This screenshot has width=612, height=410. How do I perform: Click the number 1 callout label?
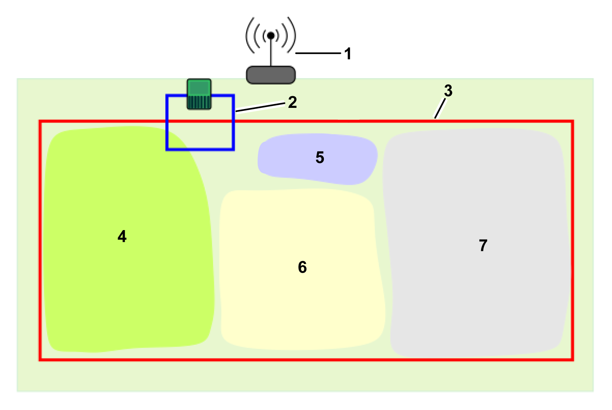[348, 54]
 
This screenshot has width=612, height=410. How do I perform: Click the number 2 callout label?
[293, 102]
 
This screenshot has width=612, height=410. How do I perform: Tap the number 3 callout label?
[448, 91]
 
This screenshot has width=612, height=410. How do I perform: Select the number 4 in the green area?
[122, 236]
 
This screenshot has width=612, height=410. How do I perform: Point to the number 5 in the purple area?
[320, 158]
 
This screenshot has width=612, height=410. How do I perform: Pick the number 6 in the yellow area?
[302, 267]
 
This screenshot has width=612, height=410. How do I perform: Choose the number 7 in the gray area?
[483, 246]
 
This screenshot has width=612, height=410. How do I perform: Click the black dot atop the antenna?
[271, 35]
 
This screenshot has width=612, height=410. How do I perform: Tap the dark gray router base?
[271, 75]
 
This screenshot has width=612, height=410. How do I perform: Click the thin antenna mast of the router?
[271, 53]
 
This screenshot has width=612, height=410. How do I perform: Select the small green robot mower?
[199, 94]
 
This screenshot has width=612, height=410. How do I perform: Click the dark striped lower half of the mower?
[199, 102]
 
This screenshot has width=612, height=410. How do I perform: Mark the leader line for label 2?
[260, 107]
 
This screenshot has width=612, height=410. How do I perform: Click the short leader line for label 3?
[440, 109]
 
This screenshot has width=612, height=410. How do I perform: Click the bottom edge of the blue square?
[200, 149]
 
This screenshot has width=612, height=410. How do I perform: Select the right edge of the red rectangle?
[572, 241]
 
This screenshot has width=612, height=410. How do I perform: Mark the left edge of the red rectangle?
[40, 241]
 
